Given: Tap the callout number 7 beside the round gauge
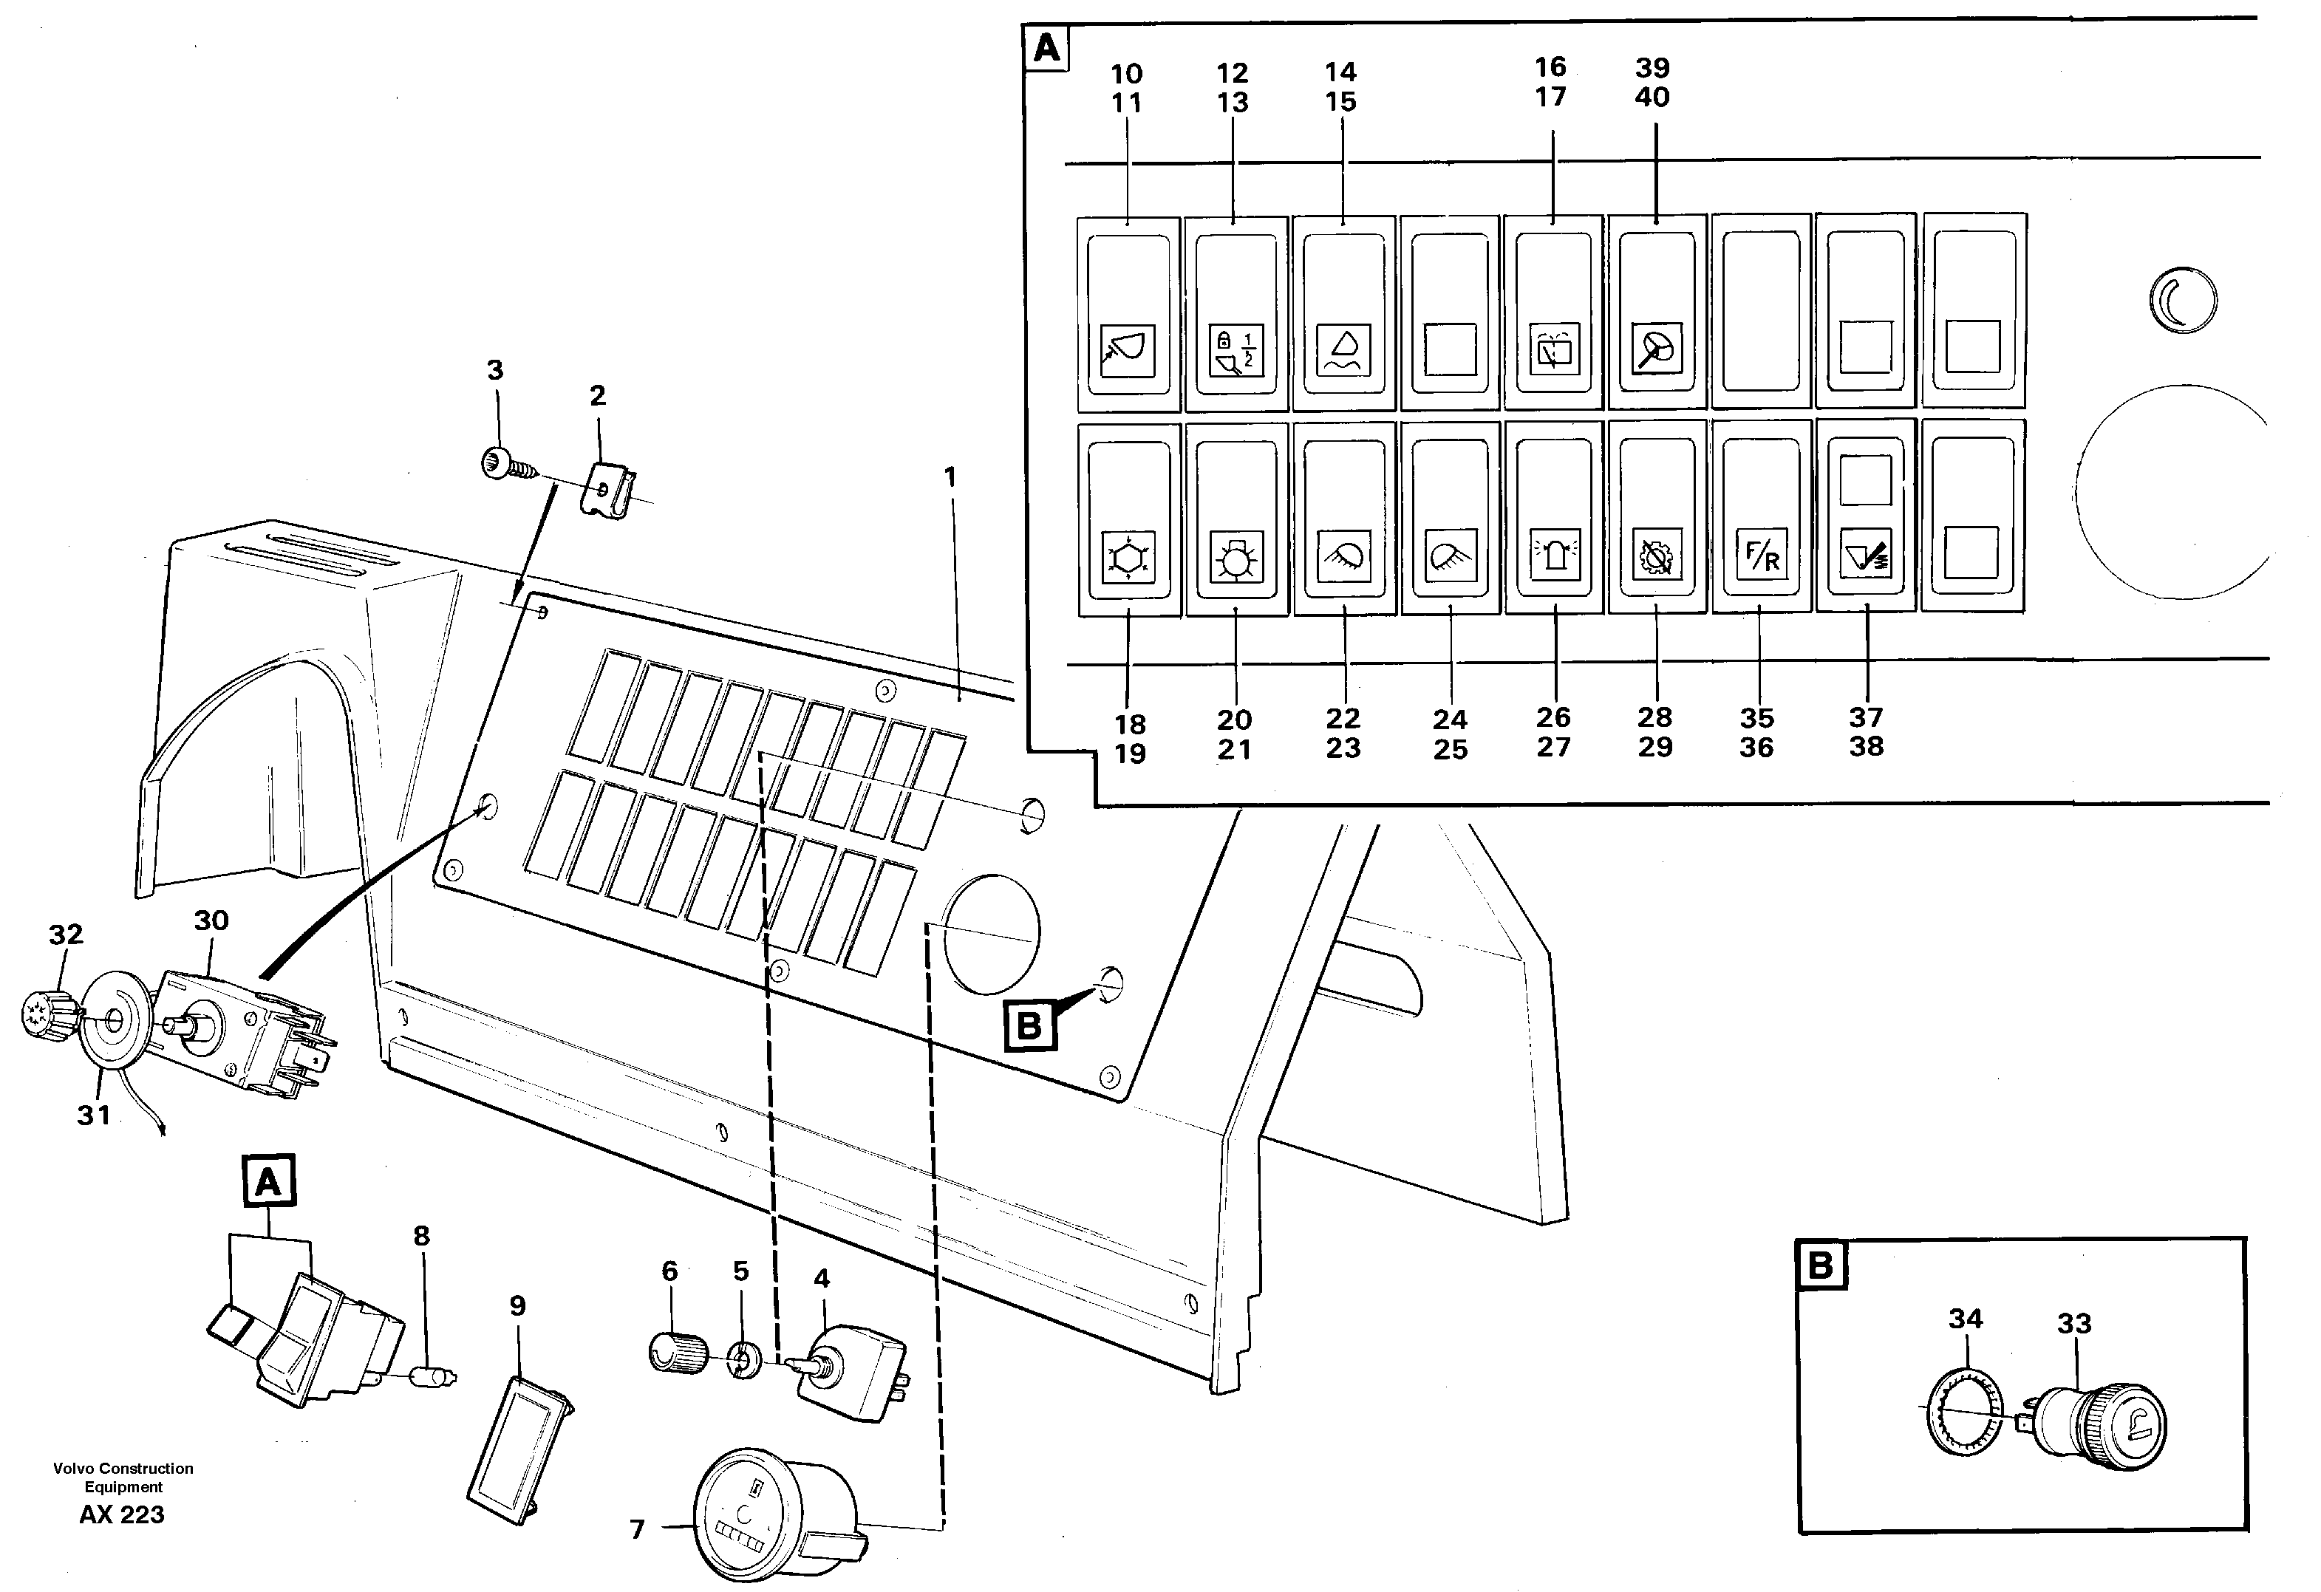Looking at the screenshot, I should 637,1529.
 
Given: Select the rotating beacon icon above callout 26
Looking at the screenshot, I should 1554,556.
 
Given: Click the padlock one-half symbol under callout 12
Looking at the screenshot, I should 1236,349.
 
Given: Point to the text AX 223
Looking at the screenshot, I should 122,1515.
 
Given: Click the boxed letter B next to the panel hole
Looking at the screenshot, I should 1029,1025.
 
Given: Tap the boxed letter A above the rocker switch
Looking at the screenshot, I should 267,1183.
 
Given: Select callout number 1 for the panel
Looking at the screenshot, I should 950,479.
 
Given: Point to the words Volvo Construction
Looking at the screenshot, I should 123,1468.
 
